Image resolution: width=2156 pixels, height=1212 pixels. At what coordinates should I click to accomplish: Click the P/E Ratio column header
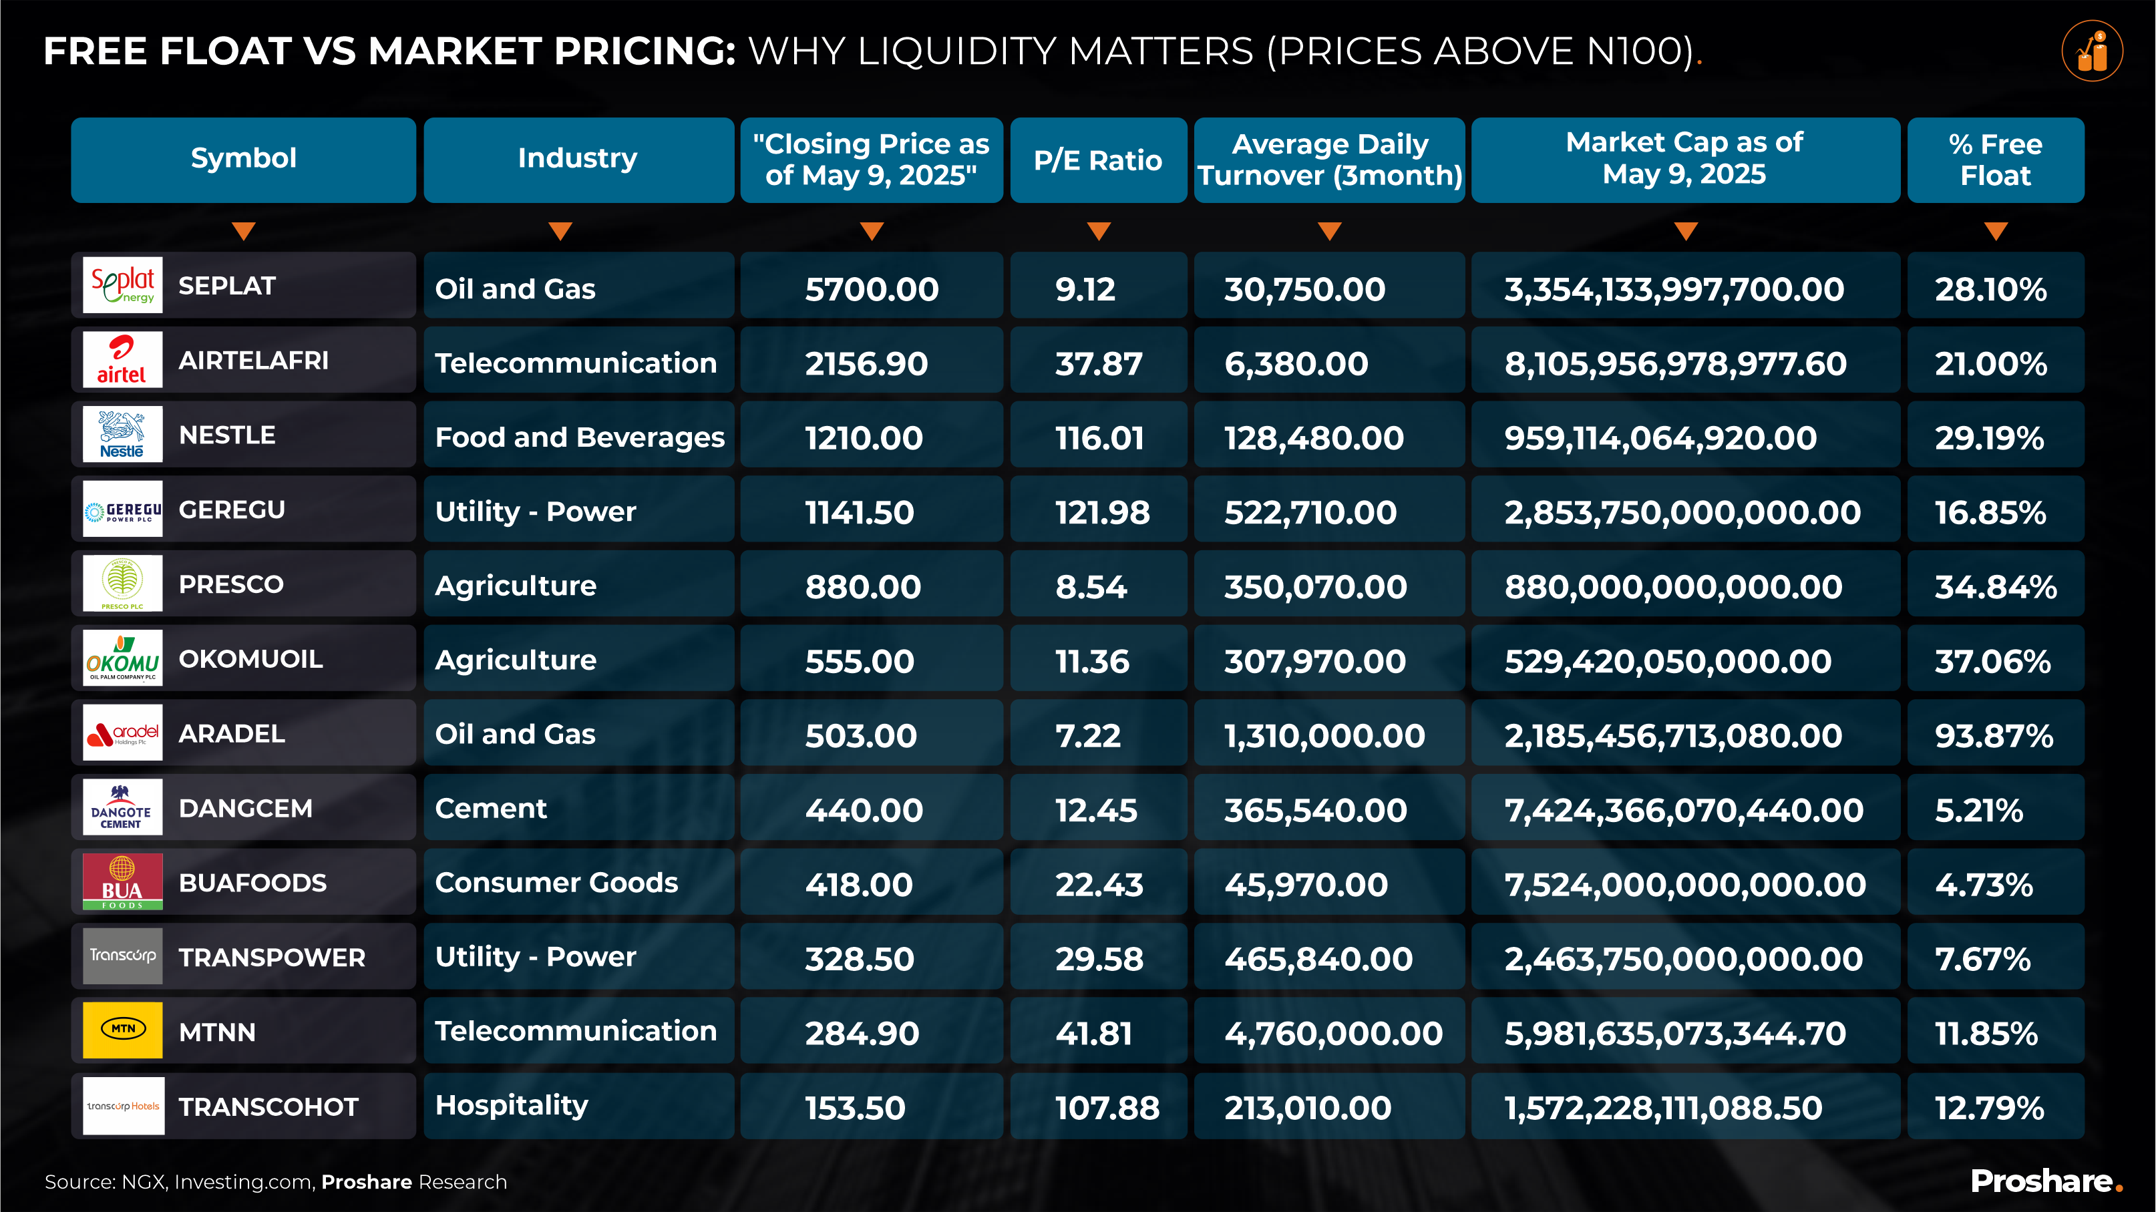tap(1097, 160)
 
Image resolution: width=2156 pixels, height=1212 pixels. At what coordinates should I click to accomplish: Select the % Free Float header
tap(1994, 160)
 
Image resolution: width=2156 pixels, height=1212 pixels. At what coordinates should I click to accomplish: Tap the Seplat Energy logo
tap(122, 285)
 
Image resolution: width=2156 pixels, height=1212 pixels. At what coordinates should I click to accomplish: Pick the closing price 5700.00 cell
tap(871, 288)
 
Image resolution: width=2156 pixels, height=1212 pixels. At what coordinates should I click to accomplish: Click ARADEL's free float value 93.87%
tap(1994, 735)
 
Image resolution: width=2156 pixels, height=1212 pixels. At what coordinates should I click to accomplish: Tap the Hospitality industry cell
tap(512, 1105)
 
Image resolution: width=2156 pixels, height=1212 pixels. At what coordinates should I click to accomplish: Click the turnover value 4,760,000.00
tap(1332, 1033)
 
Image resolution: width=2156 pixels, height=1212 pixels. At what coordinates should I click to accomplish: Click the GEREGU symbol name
tap(232, 510)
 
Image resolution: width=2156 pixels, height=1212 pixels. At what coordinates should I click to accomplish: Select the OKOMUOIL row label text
tap(250, 658)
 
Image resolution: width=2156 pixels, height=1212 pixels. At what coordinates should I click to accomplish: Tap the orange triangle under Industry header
tap(560, 231)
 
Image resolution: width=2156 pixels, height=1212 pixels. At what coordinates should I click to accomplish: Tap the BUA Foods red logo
tap(122, 881)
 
